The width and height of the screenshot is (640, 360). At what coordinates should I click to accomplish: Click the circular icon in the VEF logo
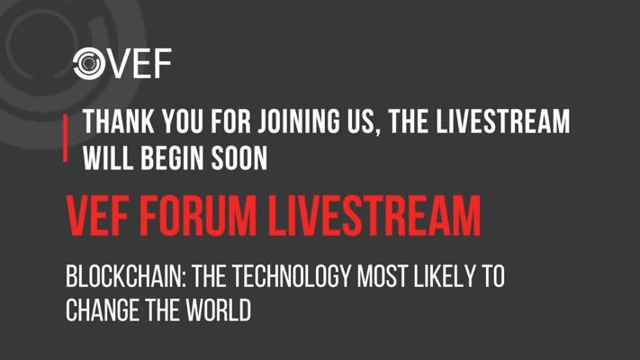89,63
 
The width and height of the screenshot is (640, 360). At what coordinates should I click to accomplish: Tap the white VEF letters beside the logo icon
139,63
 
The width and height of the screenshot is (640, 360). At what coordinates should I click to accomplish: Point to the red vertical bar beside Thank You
66,138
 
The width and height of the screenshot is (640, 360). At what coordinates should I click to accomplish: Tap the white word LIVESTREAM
503,121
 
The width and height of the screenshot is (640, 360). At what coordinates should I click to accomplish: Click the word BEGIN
172,158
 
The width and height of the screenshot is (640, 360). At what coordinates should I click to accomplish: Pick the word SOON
239,158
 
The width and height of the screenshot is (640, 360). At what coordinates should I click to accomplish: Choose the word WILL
108,158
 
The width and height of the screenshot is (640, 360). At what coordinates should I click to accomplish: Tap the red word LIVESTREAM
374,216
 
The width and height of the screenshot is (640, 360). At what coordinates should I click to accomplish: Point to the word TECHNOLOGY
292,276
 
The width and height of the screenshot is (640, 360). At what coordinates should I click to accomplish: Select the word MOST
382,276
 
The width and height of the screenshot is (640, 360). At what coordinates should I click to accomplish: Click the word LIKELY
445,276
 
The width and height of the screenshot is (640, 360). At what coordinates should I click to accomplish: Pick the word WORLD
219,310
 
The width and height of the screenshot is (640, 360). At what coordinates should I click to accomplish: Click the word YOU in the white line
183,121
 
